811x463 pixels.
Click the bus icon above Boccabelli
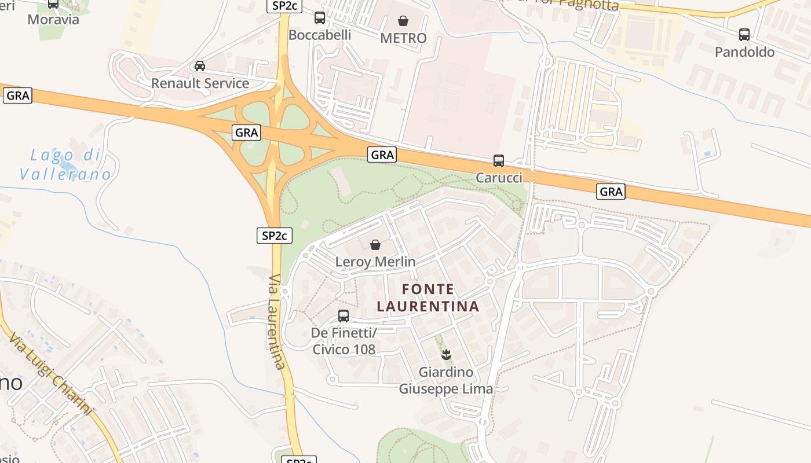pos(320,18)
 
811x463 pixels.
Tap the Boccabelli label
pos(320,35)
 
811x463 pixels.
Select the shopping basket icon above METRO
pos(403,21)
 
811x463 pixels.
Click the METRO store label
pos(403,38)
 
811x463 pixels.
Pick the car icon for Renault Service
pos(200,66)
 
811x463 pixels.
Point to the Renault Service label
pos(200,83)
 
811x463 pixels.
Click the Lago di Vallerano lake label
pos(65,164)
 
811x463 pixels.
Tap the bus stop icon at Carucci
pos(499,161)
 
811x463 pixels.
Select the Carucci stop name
pos(499,178)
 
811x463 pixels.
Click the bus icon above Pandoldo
pos(744,35)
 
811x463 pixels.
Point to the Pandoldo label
pos(744,52)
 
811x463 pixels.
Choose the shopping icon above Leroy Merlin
pos(375,245)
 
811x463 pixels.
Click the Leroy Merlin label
pos(375,262)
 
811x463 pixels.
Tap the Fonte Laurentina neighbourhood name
pos(428,297)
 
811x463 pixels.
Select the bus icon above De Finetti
pos(344,316)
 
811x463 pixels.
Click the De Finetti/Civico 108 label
pos(344,341)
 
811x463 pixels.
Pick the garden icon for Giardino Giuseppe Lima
pos(446,355)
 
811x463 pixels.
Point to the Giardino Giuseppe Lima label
pos(446,380)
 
